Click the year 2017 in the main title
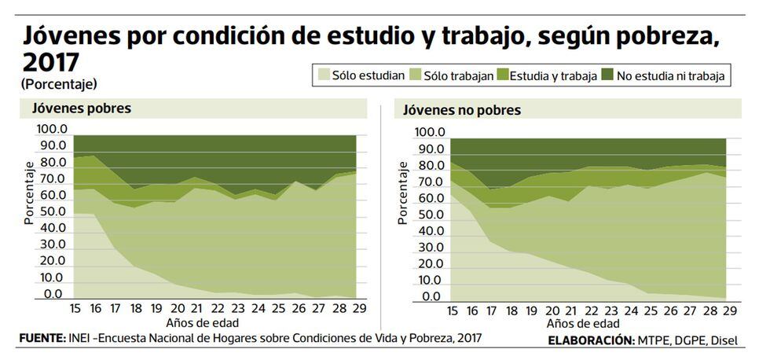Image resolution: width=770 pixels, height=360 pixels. (52, 61)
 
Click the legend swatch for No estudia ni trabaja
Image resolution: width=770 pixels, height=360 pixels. (607, 75)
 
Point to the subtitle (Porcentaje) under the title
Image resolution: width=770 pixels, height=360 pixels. (59, 83)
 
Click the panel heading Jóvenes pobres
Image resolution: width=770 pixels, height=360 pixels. (81, 108)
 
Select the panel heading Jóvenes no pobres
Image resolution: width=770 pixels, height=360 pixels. (462, 110)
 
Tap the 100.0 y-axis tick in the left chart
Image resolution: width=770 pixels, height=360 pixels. (52, 129)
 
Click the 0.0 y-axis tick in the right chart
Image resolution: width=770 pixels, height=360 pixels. (431, 297)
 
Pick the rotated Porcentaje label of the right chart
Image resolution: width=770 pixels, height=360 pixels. (404, 193)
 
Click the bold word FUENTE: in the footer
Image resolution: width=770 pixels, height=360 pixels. (41, 338)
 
